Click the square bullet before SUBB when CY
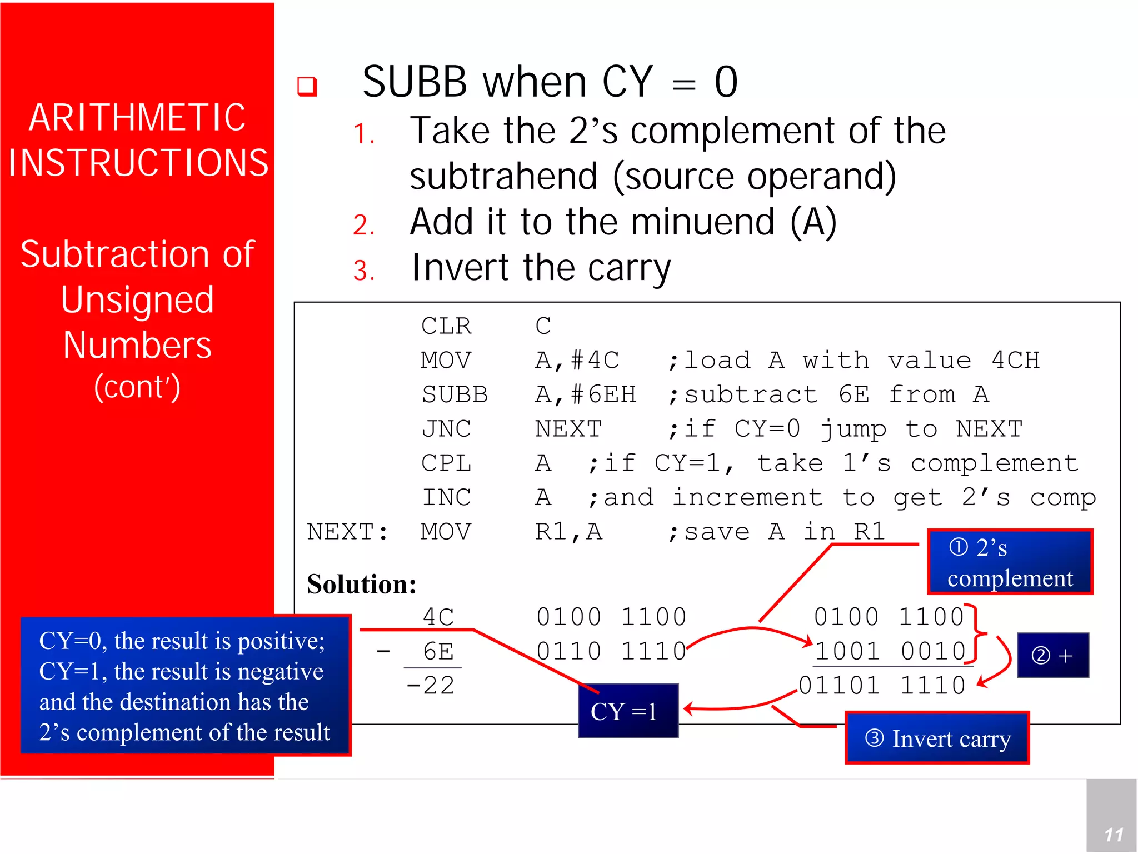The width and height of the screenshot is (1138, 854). pos(307,87)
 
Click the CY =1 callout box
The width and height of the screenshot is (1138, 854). pos(627,711)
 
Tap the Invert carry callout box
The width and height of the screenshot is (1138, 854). pos(937,738)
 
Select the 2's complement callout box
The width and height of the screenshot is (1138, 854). pos(1010,562)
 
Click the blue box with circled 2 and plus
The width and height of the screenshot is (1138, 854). pos(1052,656)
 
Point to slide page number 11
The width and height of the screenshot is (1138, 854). pos(1113,835)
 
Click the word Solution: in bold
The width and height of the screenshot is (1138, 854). pos(362,585)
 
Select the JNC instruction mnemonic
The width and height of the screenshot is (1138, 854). pos(446,429)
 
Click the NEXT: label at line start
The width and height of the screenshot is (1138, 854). pos(347,532)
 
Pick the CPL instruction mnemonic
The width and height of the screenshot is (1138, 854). pos(446,463)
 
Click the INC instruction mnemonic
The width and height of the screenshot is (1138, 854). pos(446,498)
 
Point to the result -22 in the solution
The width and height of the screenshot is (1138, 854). pos(431,685)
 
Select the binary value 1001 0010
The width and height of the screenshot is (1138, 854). pos(890,651)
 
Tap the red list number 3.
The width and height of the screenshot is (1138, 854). pos(364,271)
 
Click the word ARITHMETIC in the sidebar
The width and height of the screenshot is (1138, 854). pos(137,118)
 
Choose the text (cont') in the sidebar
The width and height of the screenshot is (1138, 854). pos(137,387)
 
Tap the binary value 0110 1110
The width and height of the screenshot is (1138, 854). pos(611,651)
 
